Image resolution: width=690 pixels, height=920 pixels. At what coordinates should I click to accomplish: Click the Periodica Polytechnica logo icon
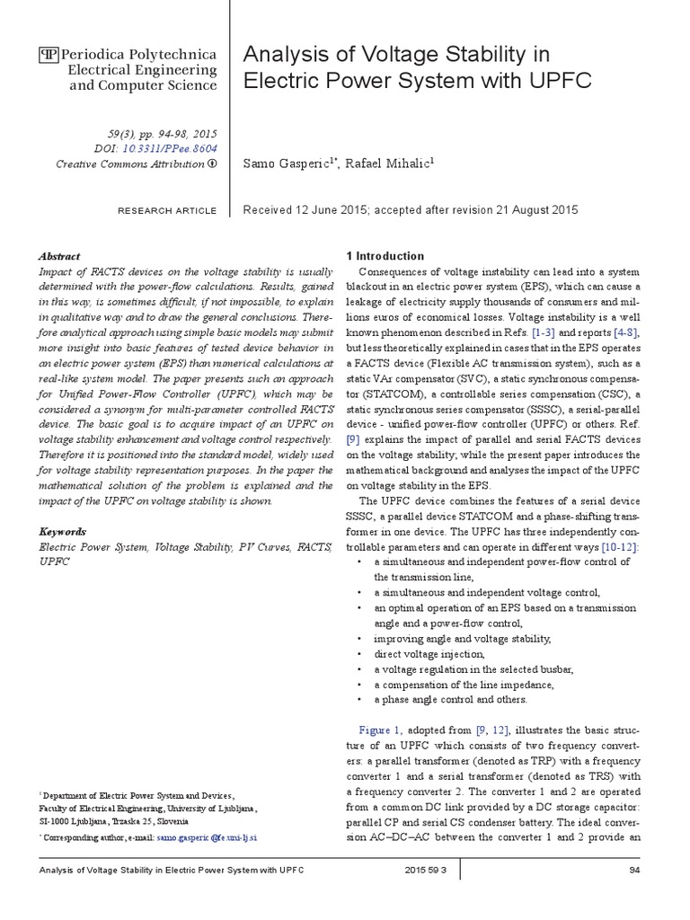click(46, 54)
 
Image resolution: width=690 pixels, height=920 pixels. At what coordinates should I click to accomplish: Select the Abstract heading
click(59, 256)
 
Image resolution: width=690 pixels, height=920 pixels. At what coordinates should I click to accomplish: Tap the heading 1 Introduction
click(385, 256)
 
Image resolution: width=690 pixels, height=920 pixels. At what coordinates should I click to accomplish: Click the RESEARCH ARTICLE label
click(167, 211)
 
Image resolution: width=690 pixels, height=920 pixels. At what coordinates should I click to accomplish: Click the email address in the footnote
click(208, 836)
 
